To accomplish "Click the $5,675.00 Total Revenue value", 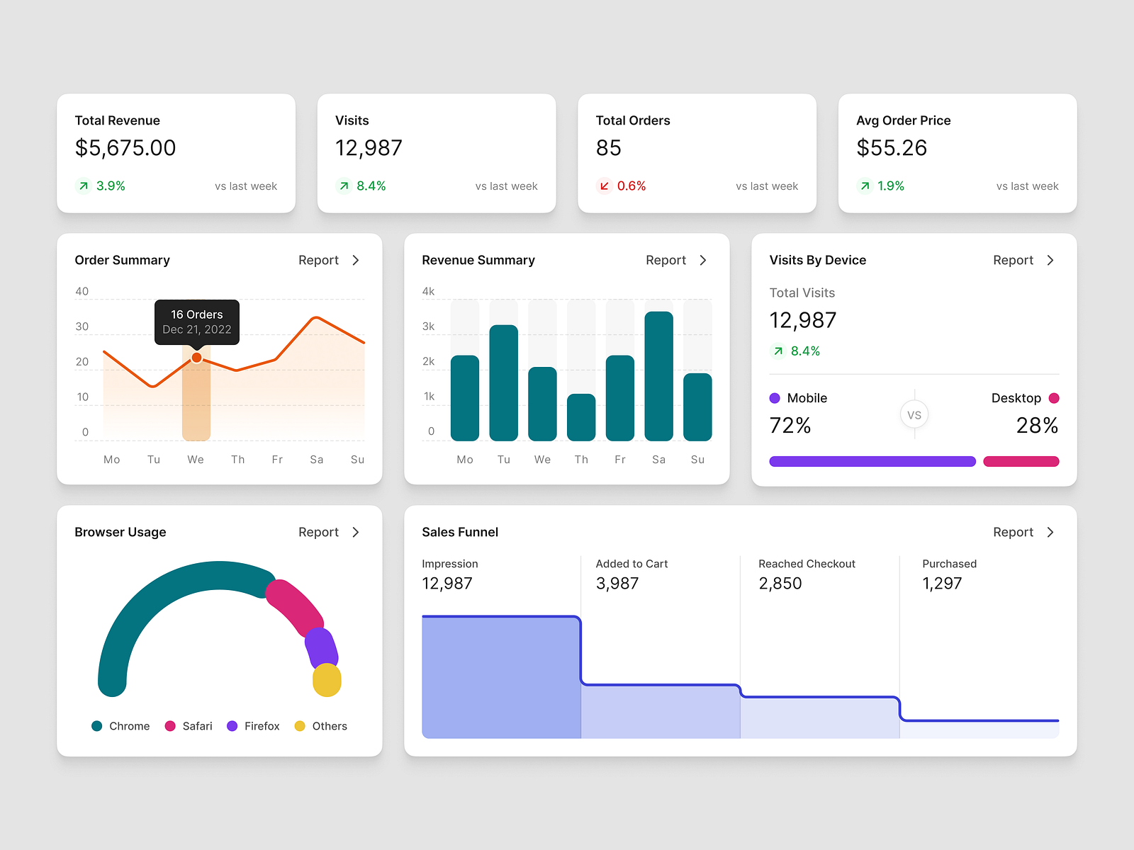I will point(125,148).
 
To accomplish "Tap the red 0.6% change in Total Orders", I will point(631,186).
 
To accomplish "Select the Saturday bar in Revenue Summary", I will point(658,376).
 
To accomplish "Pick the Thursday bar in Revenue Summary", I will point(581,417).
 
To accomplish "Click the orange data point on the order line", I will point(196,358).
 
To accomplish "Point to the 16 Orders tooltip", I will point(197,322).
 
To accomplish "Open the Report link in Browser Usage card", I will point(319,532).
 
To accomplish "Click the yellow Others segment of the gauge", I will point(327,680).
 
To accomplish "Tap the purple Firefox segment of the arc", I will point(320,647).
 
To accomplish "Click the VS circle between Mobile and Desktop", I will point(914,415).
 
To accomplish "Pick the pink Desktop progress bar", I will point(1021,462).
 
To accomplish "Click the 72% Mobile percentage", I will point(790,426).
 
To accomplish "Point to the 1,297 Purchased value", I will point(942,584).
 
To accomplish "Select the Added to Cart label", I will point(631,564).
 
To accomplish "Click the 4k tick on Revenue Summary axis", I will point(428,291).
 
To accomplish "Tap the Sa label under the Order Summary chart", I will point(317,460).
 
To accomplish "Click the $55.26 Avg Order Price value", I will point(892,148).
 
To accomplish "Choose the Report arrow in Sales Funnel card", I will point(1050,532).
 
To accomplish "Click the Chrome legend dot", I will point(97,726).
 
